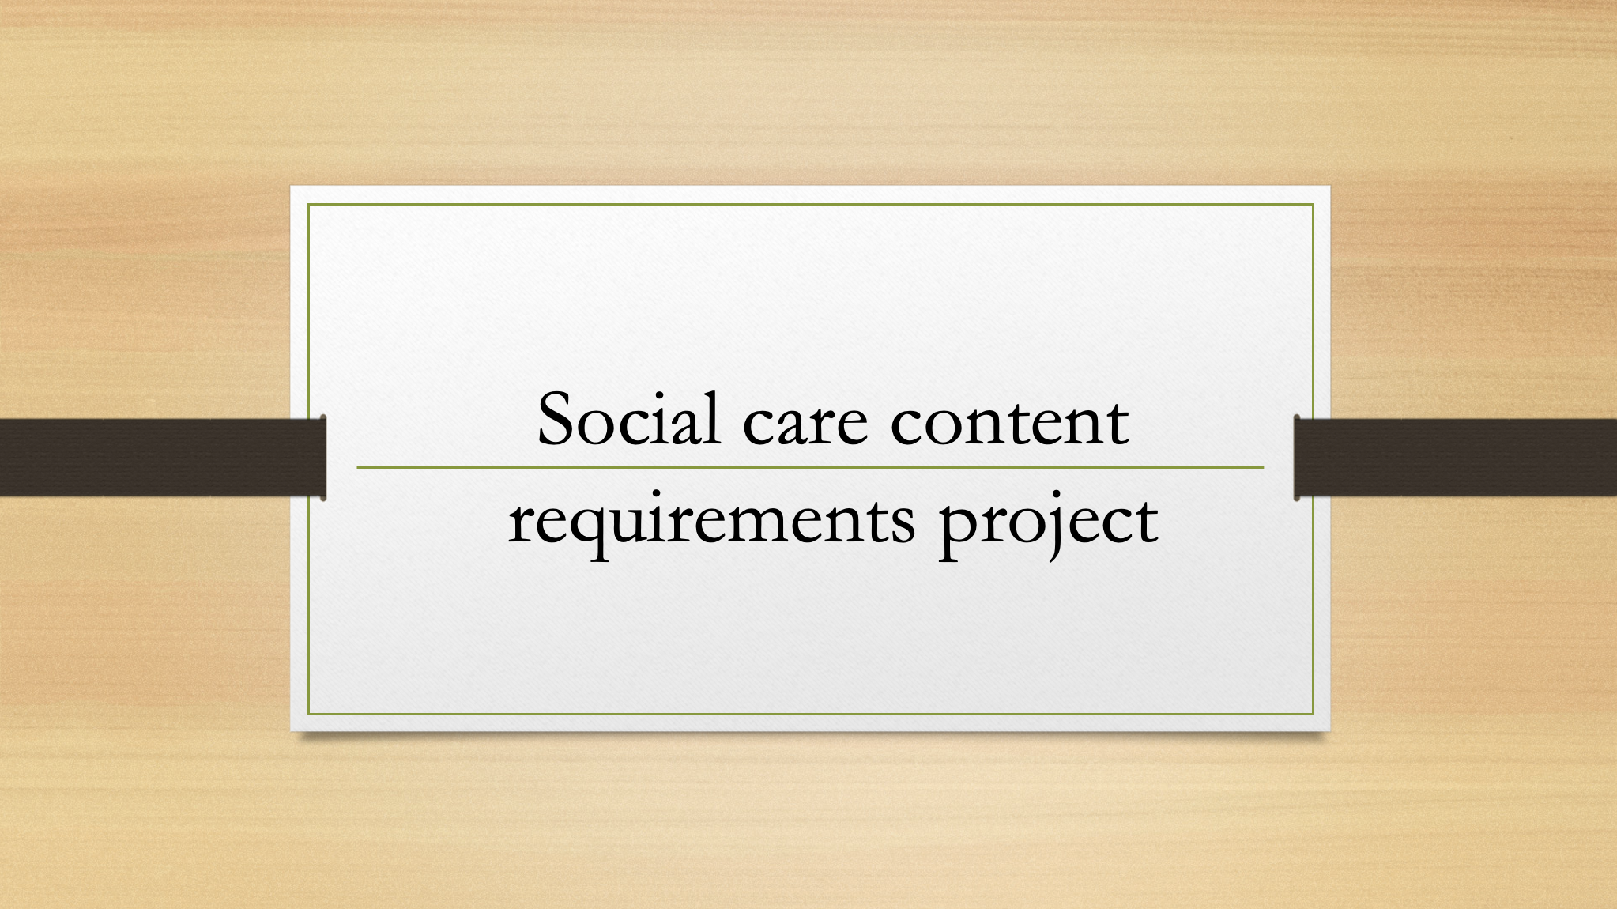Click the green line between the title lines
810,467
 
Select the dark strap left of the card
162,458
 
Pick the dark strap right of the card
1456,458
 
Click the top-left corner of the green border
308,204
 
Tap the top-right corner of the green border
1313,204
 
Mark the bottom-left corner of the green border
308,714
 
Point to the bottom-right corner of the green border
1313,714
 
